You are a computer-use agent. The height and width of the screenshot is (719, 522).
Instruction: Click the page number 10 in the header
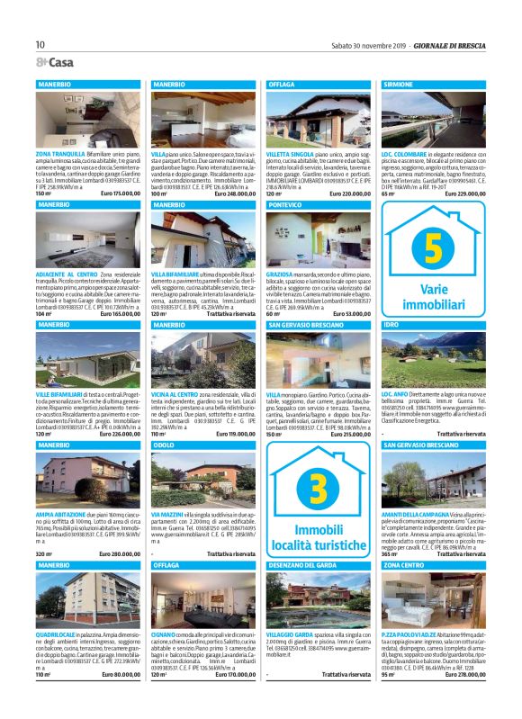click(x=40, y=44)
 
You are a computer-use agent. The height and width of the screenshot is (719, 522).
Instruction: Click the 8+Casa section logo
click(x=55, y=62)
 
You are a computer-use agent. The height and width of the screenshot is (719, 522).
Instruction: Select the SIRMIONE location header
click(x=402, y=84)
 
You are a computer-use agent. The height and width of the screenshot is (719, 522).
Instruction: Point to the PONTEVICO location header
click(x=287, y=205)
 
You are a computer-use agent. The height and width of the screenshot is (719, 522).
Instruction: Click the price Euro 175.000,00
click(x=121, y=193)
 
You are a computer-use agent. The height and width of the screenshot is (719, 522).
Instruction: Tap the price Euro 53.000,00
click(x=350, y=313)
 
